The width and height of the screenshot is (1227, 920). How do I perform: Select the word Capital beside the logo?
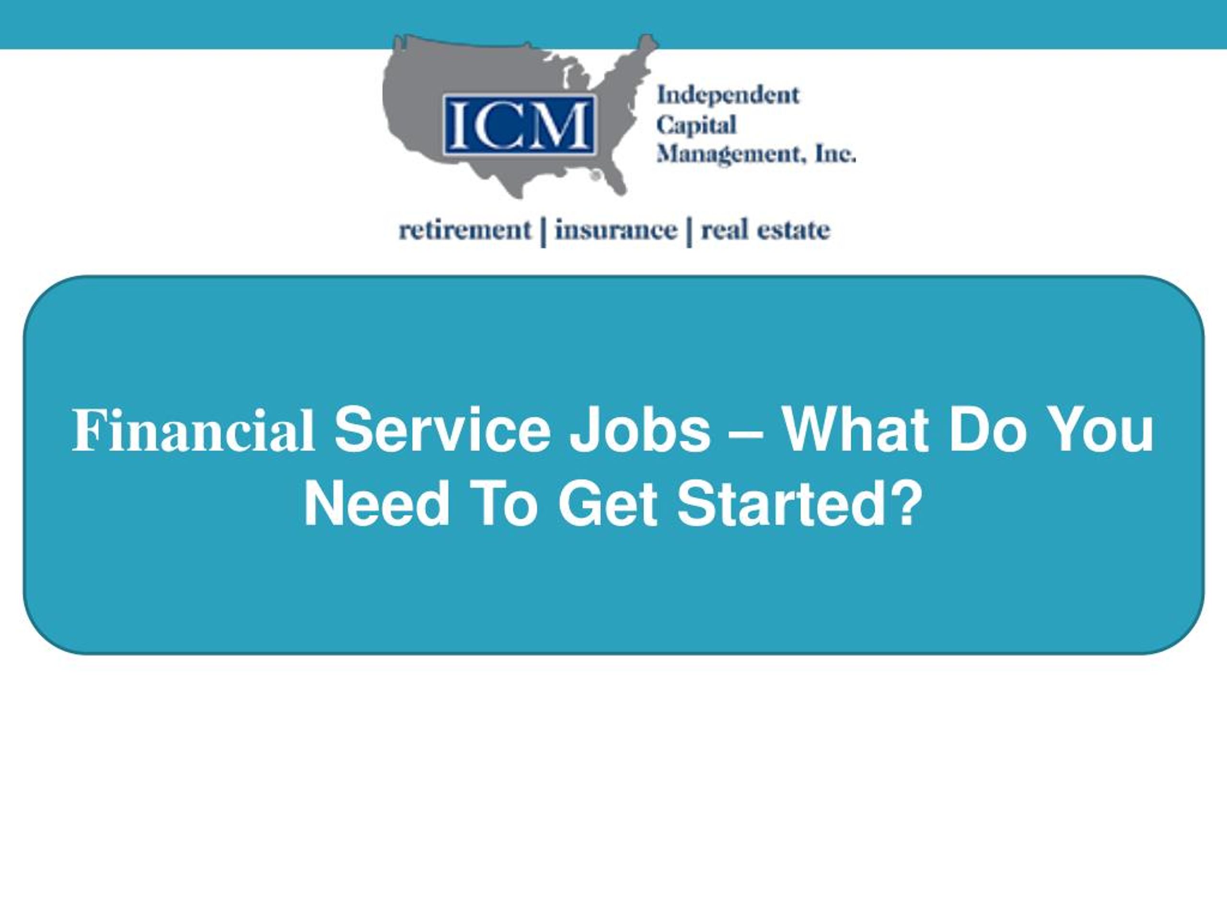(696, 126)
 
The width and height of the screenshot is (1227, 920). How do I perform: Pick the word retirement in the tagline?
(465, 230)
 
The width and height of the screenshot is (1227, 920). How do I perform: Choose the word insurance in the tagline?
(616, 230)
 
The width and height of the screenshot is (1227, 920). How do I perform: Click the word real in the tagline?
(723, 230)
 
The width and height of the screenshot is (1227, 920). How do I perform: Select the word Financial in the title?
(194, 431)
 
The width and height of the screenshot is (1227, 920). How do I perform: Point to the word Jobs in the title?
(641, 431)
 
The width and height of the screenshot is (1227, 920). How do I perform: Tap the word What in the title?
(855, 431)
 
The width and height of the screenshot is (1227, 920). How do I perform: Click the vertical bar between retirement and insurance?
(543, 232)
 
